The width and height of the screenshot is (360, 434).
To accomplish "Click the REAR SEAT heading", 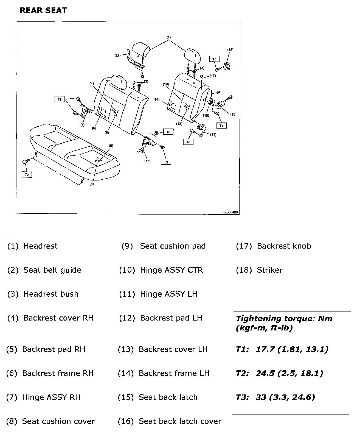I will pos(43,11).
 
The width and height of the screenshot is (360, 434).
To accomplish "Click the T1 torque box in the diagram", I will pos(221,126).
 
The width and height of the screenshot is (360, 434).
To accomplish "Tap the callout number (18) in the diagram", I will pos(230,50).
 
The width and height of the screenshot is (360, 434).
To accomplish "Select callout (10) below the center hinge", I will pos(147,161).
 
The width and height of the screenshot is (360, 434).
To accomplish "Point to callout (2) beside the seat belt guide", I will pos(117,55).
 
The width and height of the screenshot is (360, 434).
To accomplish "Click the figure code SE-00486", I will pos(230,212).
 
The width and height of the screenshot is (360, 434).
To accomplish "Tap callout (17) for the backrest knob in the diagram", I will pos(213,76).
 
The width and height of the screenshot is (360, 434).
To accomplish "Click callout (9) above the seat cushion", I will pos(111,146).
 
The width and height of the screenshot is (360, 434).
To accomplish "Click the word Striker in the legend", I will pos(270,270).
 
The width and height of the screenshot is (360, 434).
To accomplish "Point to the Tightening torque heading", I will pos(284,323).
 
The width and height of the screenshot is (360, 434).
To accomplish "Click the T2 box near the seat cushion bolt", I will pos(27,174).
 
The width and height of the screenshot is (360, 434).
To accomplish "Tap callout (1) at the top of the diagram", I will pos(168,37).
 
